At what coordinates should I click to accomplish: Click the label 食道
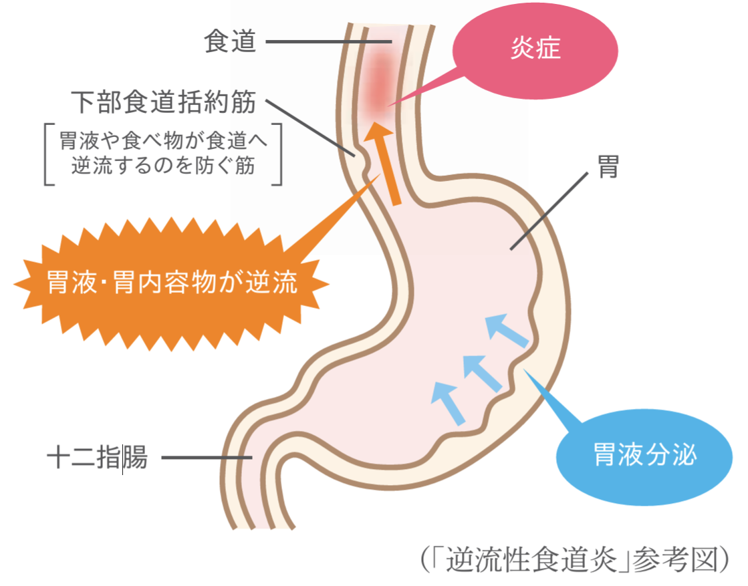click(x=230, y=42)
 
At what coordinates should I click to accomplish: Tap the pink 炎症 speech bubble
click(x=535, y=49)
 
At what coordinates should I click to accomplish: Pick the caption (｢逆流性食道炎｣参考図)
click(x=574, y=560)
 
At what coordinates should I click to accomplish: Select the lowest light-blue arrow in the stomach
click(x=448, y=401)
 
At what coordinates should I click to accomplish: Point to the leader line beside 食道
click(x=328, y=43)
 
